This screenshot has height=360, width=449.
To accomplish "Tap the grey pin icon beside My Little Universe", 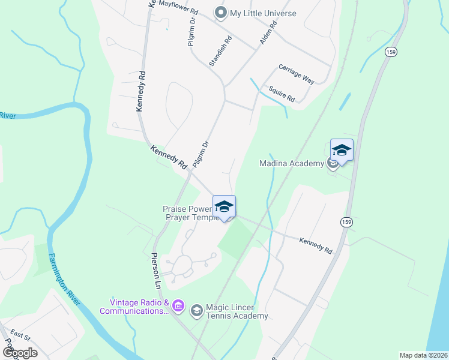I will [221, 13].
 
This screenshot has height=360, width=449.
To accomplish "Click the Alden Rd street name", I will [268, 34].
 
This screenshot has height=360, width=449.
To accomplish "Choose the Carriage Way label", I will [296, 74].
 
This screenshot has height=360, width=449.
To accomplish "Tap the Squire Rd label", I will [282, 94].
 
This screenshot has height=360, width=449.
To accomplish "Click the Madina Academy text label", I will [291, 163].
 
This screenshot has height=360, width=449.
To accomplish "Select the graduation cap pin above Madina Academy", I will [342, 150].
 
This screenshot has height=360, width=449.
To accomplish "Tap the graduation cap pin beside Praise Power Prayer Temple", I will [224, 206].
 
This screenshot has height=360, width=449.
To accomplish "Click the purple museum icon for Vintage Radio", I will [178, 307].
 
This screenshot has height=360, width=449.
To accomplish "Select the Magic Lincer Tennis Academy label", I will [237, 312].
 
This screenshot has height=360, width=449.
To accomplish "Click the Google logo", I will [20, 352].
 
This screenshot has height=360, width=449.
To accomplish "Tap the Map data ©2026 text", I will [423, 355].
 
